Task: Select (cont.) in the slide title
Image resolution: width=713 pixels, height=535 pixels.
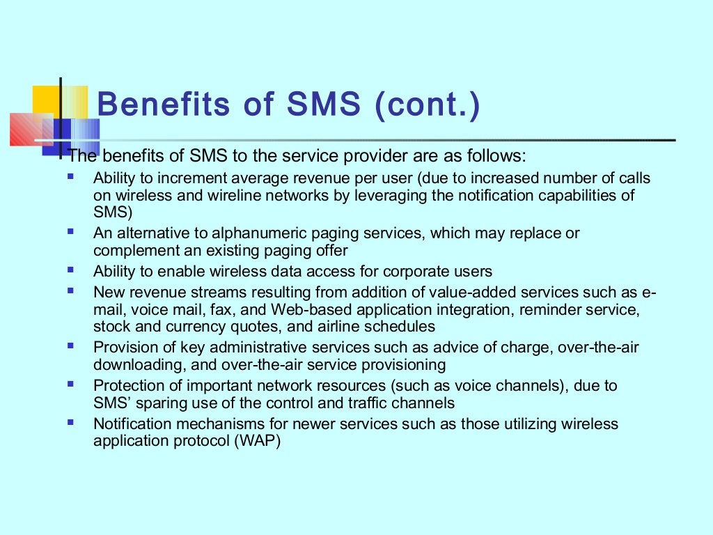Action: [x=427, y=105]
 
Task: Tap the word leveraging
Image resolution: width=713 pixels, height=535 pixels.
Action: [x=391, y=195]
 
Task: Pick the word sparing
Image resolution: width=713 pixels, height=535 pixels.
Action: [x=157, y=403]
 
